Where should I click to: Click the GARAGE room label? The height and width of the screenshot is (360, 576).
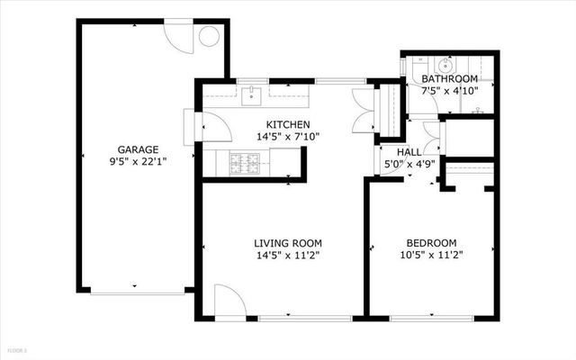click(138, 149)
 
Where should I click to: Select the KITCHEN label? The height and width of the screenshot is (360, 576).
click(288, 124)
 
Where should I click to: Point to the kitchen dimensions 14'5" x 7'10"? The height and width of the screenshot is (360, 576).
click(288, 137)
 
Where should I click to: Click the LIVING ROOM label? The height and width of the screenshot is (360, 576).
click(288, 243)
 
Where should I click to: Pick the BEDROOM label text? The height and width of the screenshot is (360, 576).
click(432, 243)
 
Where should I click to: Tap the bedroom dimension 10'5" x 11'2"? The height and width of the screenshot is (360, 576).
click(432, 255)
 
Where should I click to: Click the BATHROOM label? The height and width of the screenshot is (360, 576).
click(450, 78)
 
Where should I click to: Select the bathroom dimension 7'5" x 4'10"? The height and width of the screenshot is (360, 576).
click(450, 90)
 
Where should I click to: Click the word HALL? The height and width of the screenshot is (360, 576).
click(397, 152)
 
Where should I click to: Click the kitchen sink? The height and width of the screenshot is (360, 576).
click(253, 93)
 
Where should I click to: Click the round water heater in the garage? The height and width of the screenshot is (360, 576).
click(209, 37)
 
